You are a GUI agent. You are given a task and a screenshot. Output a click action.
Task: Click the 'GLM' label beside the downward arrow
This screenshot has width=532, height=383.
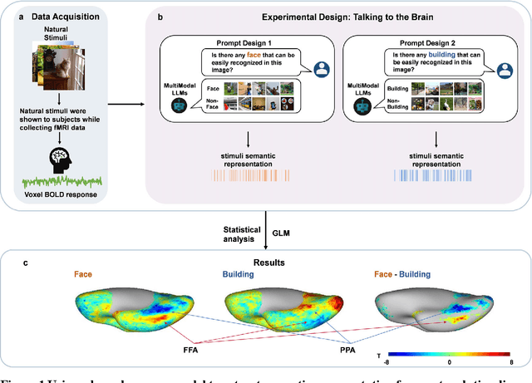[x=287, y=218]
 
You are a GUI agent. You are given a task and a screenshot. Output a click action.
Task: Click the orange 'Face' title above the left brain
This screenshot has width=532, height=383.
[x=85, y=273]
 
